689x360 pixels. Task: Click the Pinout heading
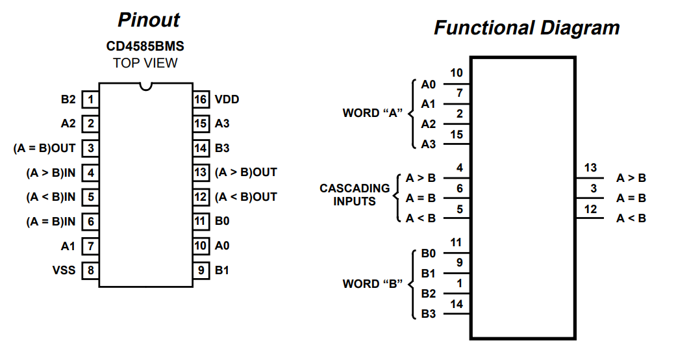148,20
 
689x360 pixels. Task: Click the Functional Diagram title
527,28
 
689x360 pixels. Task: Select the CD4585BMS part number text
145,47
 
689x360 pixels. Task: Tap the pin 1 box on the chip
90,99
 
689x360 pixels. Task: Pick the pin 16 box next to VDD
201,99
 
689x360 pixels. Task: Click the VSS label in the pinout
64,270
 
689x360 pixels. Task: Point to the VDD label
227,99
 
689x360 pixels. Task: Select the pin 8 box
90,270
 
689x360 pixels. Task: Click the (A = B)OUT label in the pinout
44,148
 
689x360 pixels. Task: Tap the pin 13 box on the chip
201,172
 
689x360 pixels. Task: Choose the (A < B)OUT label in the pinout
246,197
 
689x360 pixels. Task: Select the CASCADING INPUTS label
355,195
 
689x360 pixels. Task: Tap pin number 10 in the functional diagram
456,73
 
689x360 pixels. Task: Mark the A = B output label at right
631,198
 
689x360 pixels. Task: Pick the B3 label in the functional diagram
429,314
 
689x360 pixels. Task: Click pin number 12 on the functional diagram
590,209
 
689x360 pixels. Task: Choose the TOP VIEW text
145,63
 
